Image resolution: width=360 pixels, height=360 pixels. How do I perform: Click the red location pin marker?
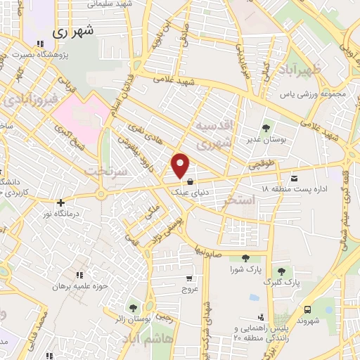click(x=181, y=165)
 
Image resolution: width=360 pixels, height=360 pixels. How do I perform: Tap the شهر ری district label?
click(x=72, y=32)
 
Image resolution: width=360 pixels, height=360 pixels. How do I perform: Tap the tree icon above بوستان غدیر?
click(x=266, y=129)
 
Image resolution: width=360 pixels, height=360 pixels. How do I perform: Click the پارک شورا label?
click(x=245, y=269)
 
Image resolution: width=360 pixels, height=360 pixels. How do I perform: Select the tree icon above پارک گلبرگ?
click(x=281, y=271)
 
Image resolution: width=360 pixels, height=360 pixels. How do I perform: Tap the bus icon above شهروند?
click(x=307, y=309)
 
